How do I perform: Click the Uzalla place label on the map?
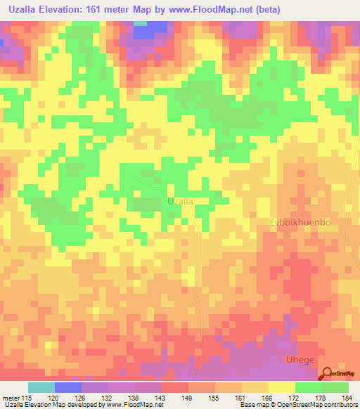[x=180, y=201]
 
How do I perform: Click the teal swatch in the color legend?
[x=41, y=387]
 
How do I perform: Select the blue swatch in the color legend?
[x=68, y=387]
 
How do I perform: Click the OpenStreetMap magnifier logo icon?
[x=324, y=375]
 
